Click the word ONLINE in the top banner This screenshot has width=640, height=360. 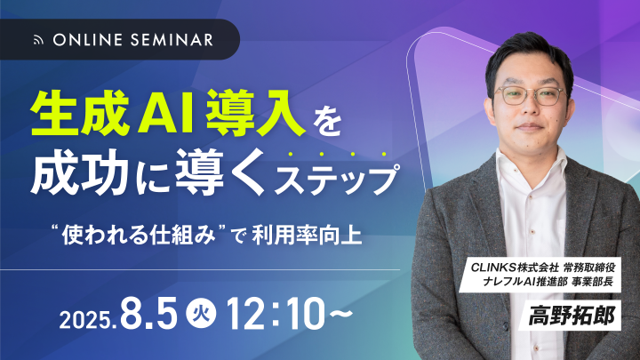[x=88, y=40]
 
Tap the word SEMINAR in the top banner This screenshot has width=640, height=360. [x=172, y=40]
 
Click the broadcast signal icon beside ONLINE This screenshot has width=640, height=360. [x=38, y=40]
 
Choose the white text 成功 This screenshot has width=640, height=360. [x=76, y=173]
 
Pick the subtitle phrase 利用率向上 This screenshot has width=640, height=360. [x=307, y=236]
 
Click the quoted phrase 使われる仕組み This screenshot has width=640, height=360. [x=139, y=236]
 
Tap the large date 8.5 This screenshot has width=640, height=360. [x=149, y=314]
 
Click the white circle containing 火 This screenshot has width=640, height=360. [x=201, y=315]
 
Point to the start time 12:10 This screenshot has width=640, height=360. [x=275, y=314]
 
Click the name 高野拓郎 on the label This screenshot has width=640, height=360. [x=572, y=316]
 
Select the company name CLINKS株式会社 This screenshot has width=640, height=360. [x=515, y=268]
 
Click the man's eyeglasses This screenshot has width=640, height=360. [x=530, y=95]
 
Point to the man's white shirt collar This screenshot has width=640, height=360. [x=531, y=164]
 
